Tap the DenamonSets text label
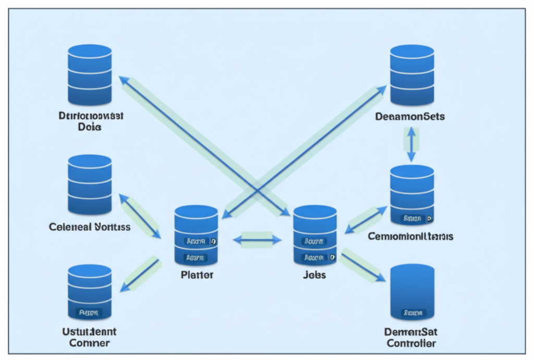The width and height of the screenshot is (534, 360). (x=410, y=116)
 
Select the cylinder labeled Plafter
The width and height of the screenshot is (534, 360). (x=196, y=235)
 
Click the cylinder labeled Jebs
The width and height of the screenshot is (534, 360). (x=314, y=235)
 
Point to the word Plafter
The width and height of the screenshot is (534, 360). (x=197, y=274)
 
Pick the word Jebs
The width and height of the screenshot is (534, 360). (x=314, y=274)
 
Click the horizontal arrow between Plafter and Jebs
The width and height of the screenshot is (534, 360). (x=257, y=240)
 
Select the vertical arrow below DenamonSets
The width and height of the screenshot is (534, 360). (x=411, y=144)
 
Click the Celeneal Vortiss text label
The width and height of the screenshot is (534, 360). (x=90, y=227)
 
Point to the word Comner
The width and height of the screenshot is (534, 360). (x=89, y=343)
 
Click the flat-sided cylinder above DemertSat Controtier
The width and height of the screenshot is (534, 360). (x=412, y=292)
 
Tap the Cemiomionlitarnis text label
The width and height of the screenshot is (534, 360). (x=410, y=236)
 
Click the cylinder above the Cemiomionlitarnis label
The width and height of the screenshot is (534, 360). (x=412, y=195)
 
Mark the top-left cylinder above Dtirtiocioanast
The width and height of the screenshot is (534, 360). (x=90, y=75)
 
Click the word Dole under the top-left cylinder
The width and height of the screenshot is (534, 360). (x=89, y=127)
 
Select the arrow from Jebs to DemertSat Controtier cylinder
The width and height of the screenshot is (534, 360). (x=363, y=267)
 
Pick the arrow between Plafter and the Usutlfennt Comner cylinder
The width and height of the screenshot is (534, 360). (x=140, y=273)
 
